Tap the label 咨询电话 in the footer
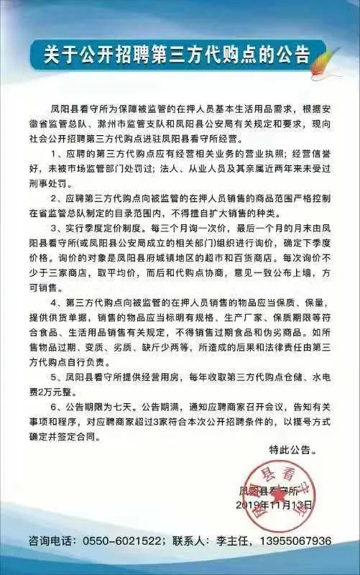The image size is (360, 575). point(50,540)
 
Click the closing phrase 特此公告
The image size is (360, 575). point(291,450)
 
